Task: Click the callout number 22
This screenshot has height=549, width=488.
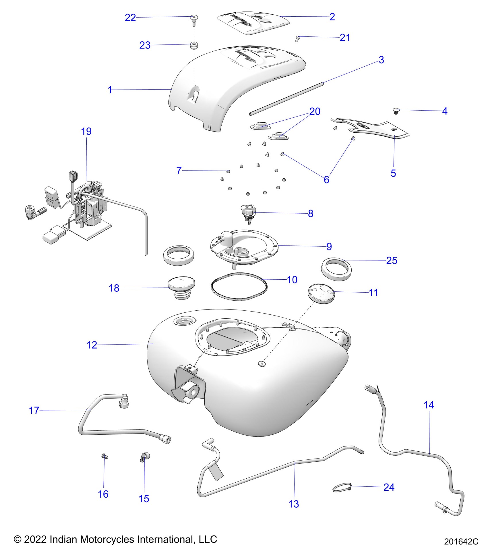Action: click(x=130, y=18)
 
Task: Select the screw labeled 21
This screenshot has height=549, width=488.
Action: click(x=297, y=38)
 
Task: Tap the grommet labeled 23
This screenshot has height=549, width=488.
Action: click(x=194, y=45)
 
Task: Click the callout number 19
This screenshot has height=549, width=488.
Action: click(x=86, y=132)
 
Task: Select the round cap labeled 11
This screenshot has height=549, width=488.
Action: click(x=321, y=293)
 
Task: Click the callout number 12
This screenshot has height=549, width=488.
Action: click(x=92, y=345)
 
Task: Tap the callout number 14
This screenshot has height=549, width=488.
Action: click(x=429, y=405)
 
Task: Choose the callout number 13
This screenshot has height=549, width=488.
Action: click(x=293, y=504)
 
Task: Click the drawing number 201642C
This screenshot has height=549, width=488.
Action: click(x=461, y=541)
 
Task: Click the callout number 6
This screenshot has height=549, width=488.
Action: click(x=326, y=180)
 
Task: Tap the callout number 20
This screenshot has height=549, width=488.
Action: click(x=315, y=111)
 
